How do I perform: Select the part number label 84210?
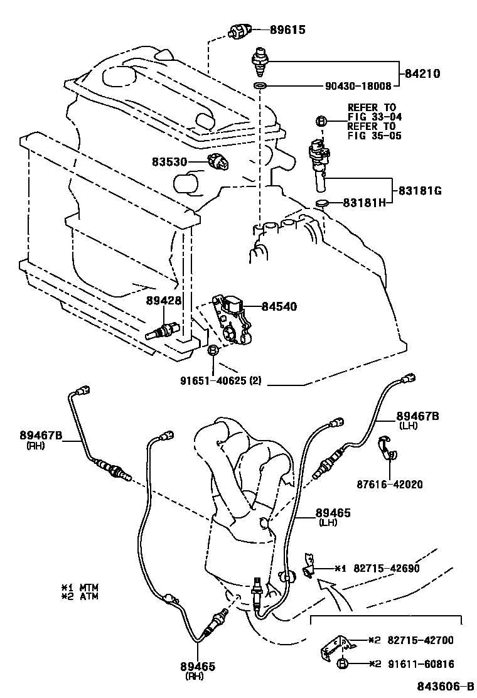pyautogui.click(x=421, y=73)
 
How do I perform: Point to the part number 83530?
pyautogui.click(x=169, y=161)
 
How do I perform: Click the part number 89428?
pyautogui.click(x=164, y=301)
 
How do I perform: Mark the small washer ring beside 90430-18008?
pyautogui.click(x=260, y=85)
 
